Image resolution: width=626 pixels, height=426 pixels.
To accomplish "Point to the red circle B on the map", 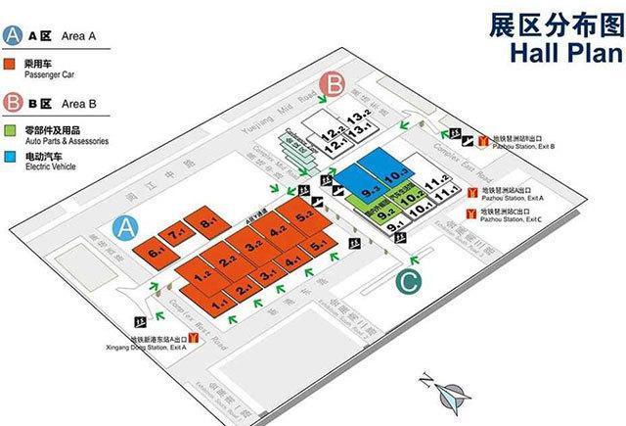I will point(335,85).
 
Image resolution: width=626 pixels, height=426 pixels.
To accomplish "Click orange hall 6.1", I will point(155,251).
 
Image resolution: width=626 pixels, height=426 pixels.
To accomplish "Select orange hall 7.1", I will point(177,236).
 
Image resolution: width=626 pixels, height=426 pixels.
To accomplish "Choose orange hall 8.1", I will point(206,222).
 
